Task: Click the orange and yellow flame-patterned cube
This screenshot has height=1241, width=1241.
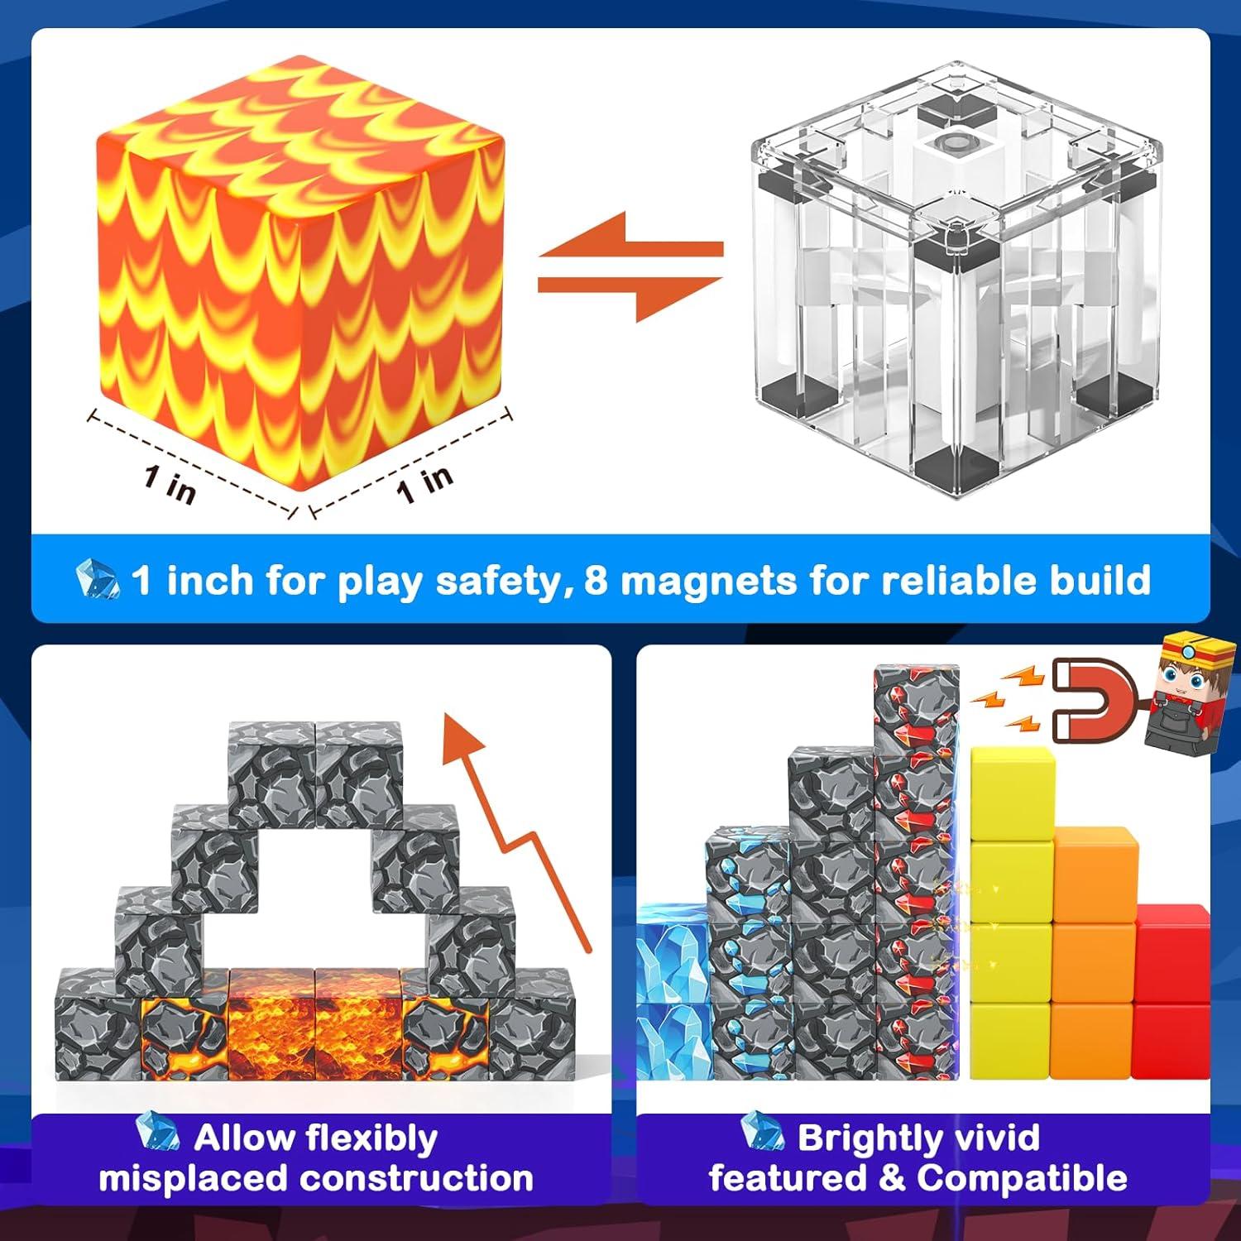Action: point(302,281)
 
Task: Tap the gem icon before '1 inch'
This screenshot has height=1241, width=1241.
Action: point(98,578)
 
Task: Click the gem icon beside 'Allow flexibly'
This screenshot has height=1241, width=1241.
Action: point(157,1133)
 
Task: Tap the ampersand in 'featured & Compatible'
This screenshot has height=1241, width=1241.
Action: point(893,1178)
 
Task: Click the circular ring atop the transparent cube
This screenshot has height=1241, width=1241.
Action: point(958,142)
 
